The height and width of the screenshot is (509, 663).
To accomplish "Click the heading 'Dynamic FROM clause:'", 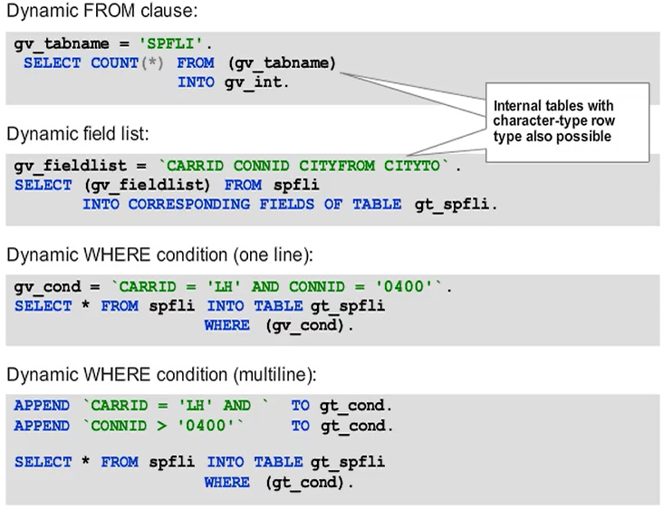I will point(101,12).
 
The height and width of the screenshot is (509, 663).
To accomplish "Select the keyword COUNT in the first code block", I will point(113,63).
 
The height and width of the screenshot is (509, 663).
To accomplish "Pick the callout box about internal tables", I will point(567,121).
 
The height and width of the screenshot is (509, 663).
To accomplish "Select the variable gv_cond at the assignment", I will point(44,286).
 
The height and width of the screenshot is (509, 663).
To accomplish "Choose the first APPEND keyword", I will point(42,406).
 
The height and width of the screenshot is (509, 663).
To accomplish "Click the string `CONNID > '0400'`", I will point(166,426).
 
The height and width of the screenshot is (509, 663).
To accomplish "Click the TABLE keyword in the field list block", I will point(376,204).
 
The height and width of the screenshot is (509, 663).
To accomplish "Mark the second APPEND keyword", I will point(42,426).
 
